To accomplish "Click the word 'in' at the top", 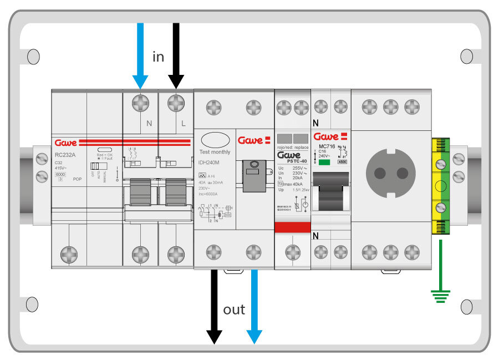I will [159, 56].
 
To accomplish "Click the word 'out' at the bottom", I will [234, 309].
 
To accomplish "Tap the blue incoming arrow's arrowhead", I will [140, 82].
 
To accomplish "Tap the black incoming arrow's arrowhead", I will [176, 82].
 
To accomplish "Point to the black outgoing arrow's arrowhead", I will [214, 336].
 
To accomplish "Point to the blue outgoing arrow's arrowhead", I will [254, 336].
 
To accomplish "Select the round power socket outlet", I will [391, 172].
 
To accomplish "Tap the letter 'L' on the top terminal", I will [184, 123].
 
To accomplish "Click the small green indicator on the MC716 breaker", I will [325, 163].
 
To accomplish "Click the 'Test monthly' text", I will [215, 152].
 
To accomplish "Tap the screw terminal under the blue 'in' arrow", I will [140, 103].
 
